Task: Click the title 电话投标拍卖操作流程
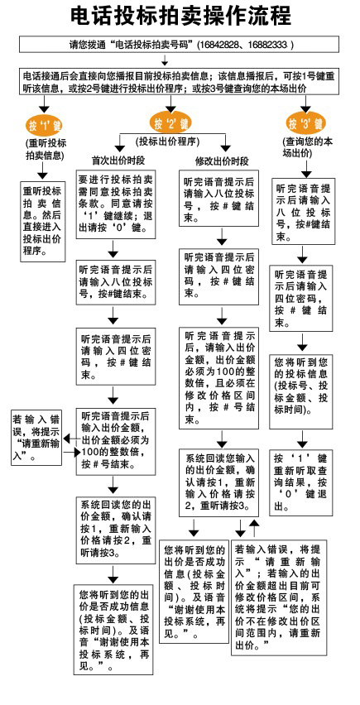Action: click(x=180, y=17)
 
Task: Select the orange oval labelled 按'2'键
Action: click(x=170, y=122)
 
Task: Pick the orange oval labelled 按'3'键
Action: click(x=305, y=123)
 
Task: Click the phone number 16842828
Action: click(x=214, y=45)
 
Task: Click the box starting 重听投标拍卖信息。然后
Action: click(x=43, y=221)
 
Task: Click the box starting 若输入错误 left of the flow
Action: click(x=36, y=437)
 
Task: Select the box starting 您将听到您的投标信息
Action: click(x=301, y=391)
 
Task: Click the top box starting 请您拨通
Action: click(x=179, y=45)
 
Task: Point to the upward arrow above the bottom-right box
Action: click(x=254, y=527)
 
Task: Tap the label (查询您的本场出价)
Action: click(x=308, y=147)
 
